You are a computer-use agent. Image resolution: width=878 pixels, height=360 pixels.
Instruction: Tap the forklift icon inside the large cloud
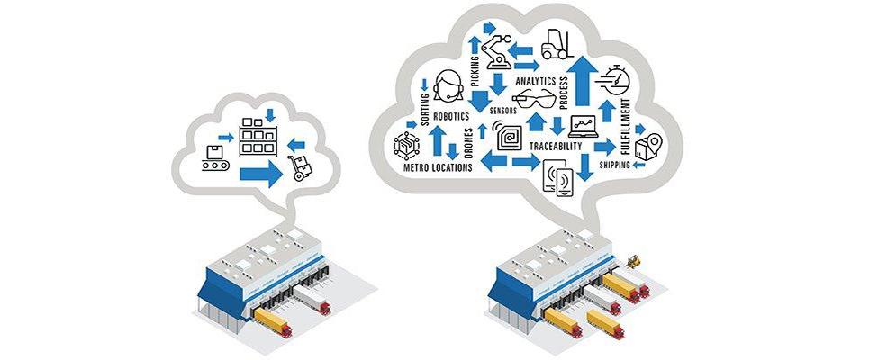tap(556, 43)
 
